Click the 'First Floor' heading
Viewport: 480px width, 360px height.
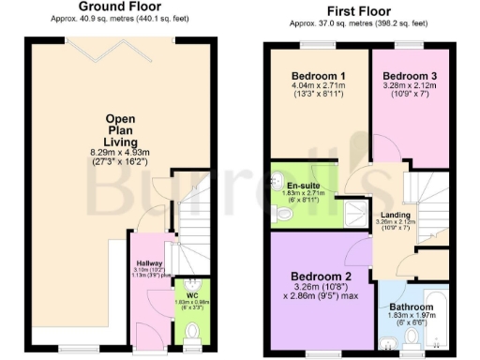(359, 7)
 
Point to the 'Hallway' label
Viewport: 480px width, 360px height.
(149, 263)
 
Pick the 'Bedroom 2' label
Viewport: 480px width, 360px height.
(322, 277)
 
